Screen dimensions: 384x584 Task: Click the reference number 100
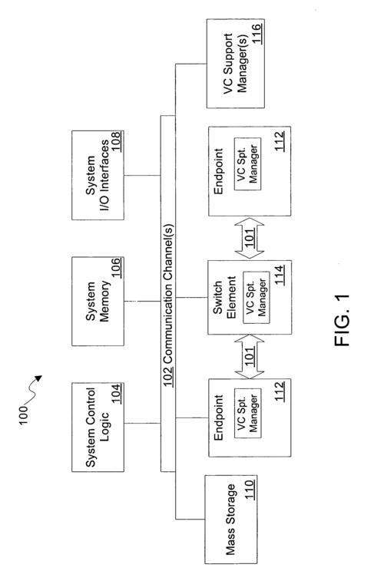[x=24, y=415]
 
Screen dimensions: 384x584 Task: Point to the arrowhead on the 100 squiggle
[x=38, y=378]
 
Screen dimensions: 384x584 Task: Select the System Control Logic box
[x=98, y=427]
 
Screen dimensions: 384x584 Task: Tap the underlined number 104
[x=117, y=394]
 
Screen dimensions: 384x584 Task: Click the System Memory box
[x=98, y=302]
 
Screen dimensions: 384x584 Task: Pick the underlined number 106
[x=117, y=267]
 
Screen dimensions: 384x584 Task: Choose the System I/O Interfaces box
[x=98, y=175]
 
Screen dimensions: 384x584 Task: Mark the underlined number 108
[x=117, y=141]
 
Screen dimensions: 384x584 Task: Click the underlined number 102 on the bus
[x=168, y=377]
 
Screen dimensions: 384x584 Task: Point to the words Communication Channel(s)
[x=168, y=294]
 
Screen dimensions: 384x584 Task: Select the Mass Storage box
[x=230, y=520]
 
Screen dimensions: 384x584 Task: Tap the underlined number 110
[x=250, y=490]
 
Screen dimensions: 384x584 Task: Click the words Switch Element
[x=224, y=297]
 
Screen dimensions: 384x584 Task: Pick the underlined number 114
[x=280, y=275]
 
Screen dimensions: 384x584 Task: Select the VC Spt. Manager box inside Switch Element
[x=257, y=297]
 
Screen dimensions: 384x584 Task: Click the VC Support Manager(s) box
[x=236, y=64]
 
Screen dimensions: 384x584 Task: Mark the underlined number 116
[x=257, y=35]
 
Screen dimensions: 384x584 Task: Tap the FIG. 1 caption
[x=343, y=321]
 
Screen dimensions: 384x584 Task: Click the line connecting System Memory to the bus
[x=142, y=302]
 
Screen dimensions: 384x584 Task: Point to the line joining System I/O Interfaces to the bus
[x=142, y=175]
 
